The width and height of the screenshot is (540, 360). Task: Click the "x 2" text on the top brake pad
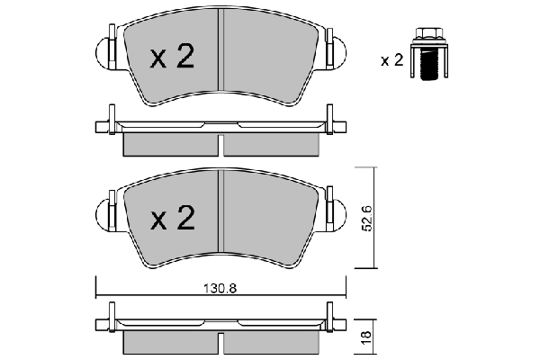172,58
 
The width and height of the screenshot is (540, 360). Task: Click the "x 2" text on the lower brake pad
172,218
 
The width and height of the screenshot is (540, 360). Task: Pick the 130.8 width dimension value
221,289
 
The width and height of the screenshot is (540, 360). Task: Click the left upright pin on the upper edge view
110,120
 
